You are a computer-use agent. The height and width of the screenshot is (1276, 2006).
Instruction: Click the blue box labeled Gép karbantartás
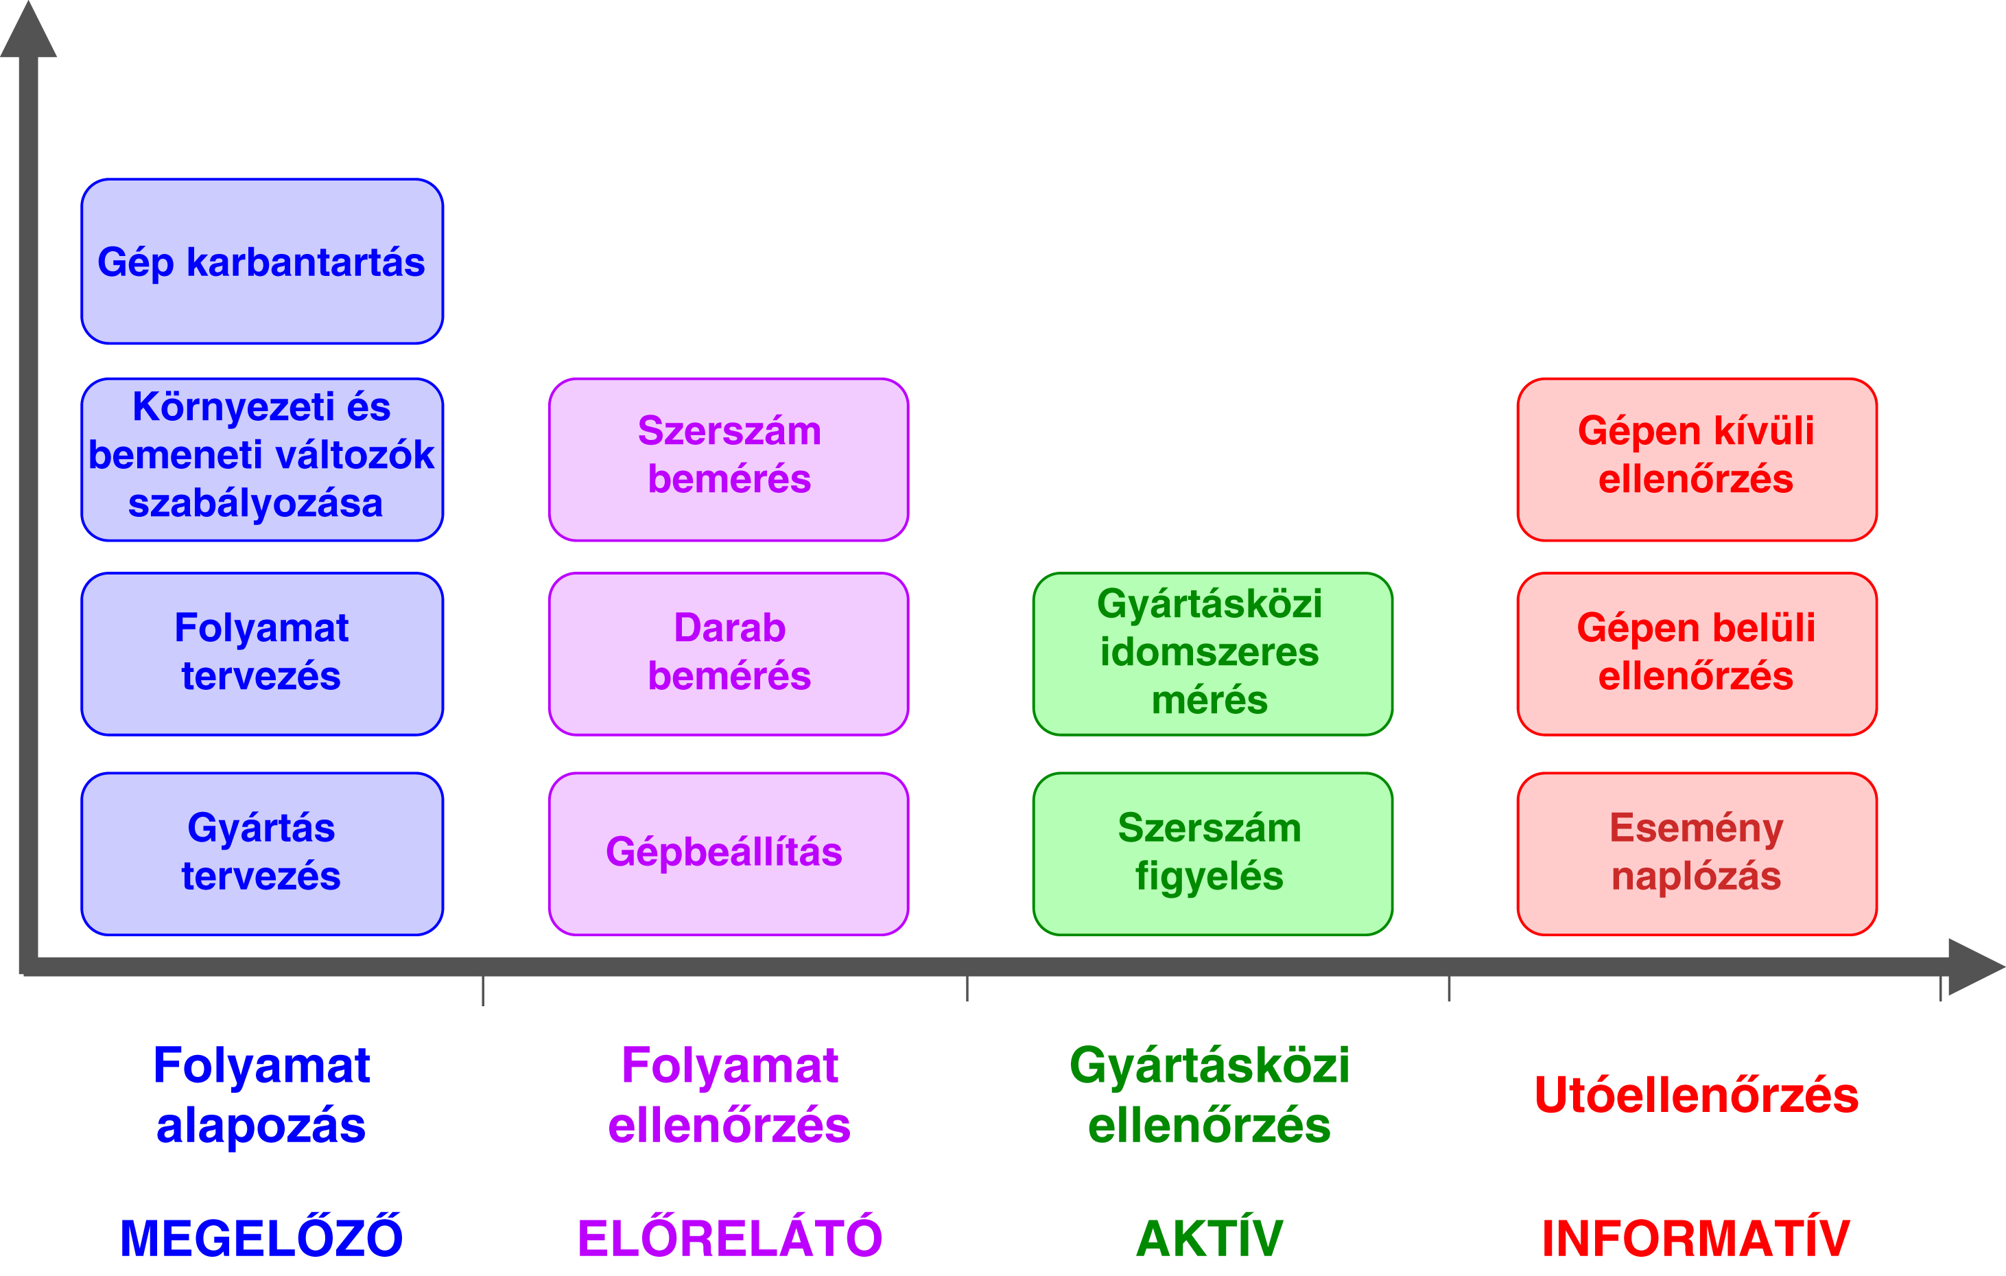[261, 261]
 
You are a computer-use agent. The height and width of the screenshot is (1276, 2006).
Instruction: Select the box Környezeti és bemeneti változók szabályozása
[261, 459]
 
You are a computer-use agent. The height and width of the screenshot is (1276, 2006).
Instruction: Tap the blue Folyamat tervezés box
[261, 653]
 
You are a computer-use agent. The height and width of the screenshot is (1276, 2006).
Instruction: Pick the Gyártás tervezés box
[261, 853]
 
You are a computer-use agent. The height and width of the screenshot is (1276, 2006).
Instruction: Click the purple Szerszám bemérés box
[728, 459]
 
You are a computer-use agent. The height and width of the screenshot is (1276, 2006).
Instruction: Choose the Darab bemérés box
[728, 653]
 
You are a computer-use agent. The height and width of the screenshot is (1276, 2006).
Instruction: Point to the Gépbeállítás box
[728, 853]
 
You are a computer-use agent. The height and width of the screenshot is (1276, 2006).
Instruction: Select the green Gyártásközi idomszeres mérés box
[1212, 653]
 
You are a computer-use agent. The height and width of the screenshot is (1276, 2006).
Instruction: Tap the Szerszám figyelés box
[1212, 853]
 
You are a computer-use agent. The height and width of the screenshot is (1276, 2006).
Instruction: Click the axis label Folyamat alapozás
[261, 1095]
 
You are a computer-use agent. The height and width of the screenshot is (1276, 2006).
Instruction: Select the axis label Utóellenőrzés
[1696, 1095]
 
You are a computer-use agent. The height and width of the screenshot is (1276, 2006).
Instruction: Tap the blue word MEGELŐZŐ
[261, 1237]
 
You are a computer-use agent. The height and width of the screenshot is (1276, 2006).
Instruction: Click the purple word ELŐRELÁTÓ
[730, 1237]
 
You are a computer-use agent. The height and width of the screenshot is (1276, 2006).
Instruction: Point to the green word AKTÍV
[1209, 1237]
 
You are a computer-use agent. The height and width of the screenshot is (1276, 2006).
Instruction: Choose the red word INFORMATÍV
[1696, 1237]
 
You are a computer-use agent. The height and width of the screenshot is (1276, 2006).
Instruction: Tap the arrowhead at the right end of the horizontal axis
[1976, 967]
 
